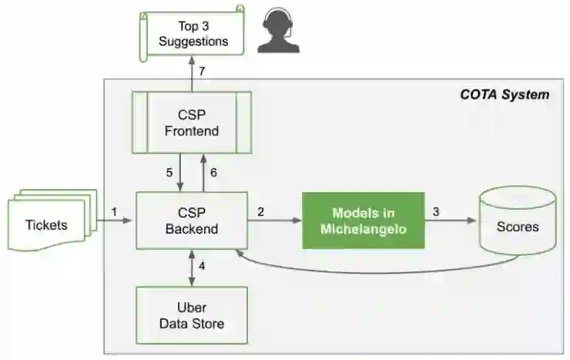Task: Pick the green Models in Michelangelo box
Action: (363, 220)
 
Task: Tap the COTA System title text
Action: (505, 95)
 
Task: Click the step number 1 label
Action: (114, 210)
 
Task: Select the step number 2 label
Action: (260, 210)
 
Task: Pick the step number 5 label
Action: (169, 172)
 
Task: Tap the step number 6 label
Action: (213, 172)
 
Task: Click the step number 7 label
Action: (202, 72)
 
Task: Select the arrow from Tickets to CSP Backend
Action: (116, 221)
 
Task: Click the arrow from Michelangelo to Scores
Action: (451, 220)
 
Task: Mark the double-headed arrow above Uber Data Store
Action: (191, 267)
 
